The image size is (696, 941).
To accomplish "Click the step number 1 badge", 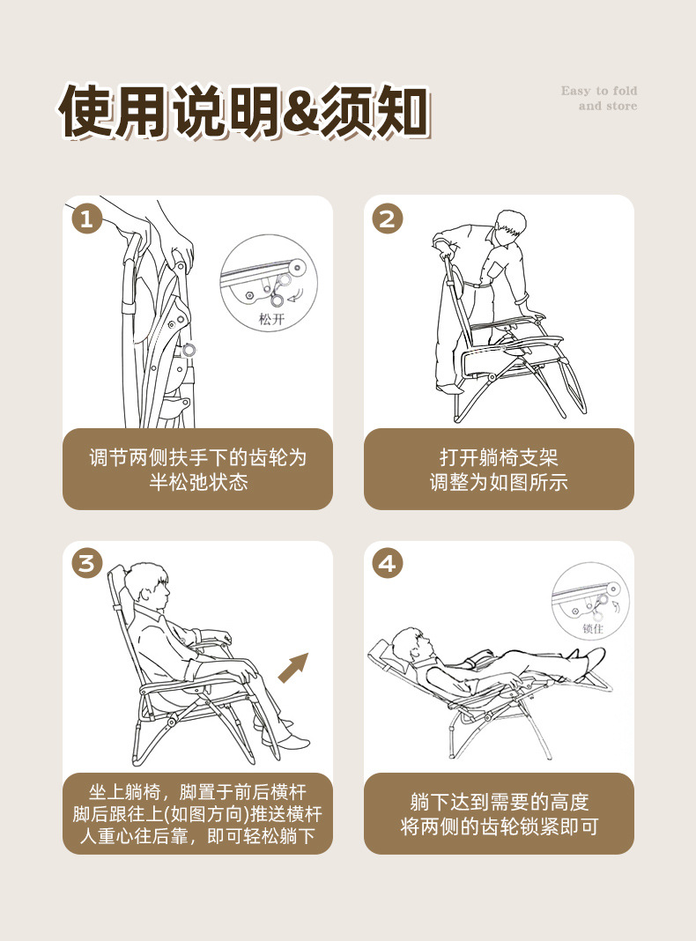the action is click(x=87, y=219).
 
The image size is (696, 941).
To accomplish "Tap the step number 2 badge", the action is click(x=388, y=219).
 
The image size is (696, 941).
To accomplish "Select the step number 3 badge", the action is click(x=87, y=564).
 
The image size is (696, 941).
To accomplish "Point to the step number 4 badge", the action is click(x=388, y=564).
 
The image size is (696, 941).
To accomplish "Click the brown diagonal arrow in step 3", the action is click(x=293, y=667).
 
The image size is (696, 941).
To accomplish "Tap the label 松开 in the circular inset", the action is click(x=271, y=319).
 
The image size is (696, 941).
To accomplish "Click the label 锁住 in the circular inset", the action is click(x=593, y=628).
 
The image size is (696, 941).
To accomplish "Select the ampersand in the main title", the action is click(x=300, y=112).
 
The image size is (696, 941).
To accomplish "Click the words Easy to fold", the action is click(x=599, y=91).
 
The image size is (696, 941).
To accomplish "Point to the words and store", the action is click(x=608, y=107).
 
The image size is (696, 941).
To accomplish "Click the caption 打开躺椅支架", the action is click(x=499, y=457).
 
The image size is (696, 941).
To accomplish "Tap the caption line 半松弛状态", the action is click(x=198, y=482).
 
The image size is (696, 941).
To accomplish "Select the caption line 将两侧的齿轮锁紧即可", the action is click(x=500, y=826).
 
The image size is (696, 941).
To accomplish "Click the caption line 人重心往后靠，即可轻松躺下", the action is click(x=197, y=836).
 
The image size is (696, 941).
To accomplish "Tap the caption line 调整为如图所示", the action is click(x=499, y=482).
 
